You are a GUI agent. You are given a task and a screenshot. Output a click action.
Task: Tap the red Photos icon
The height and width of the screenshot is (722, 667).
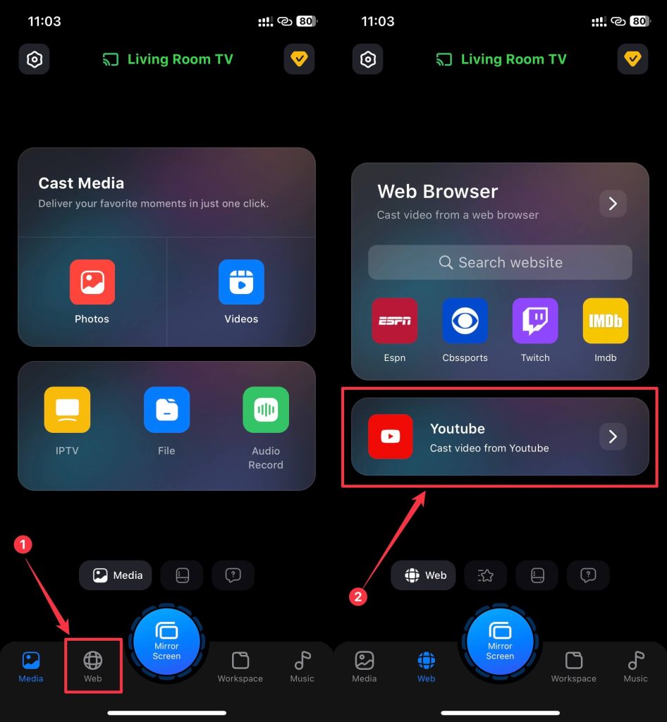click(92, 282)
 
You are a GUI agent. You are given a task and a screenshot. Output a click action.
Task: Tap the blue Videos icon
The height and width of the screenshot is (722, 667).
click(241, 282)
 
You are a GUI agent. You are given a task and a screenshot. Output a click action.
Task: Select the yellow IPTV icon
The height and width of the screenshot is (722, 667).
click(67, 410)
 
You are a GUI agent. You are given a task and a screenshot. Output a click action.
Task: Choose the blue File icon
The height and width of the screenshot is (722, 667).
click(166, 410)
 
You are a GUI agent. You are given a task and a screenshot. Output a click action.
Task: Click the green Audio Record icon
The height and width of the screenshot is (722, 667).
click(266, 410)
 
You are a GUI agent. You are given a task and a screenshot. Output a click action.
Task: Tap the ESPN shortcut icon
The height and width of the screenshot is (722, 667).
click(395, 321)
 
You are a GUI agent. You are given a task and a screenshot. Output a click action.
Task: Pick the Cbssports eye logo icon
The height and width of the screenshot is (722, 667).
click(465, 321)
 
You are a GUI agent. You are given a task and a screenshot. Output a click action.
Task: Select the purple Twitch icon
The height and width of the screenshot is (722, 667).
click(535, 321)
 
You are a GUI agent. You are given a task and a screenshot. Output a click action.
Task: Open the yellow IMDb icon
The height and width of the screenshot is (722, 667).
click(606, 321)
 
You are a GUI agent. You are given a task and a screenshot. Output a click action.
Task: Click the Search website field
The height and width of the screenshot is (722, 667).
click(500, 262)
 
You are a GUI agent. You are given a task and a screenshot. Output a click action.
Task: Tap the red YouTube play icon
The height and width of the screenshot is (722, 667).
click(391, 436)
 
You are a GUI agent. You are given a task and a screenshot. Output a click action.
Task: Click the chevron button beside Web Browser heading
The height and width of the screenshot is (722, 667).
click(613, 204)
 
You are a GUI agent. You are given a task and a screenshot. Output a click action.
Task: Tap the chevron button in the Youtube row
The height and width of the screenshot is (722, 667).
click(613, 436)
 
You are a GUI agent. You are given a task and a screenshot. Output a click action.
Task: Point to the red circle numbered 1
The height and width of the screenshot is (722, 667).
click(23, 544)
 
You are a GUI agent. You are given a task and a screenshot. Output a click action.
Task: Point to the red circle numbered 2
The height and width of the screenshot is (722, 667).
click(357, 596)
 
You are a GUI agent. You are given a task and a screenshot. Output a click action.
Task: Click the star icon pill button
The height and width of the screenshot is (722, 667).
click(486, 575)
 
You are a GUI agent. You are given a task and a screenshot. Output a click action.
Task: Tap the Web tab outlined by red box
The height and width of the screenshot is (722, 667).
click(93, 666)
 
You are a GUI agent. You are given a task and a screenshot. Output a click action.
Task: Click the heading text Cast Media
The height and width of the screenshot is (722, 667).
click(81, 183)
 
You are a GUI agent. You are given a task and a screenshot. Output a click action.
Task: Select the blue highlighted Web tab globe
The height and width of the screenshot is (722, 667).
click(427, 660)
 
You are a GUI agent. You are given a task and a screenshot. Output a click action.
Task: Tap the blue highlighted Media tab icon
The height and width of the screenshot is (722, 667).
click(31, 660)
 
